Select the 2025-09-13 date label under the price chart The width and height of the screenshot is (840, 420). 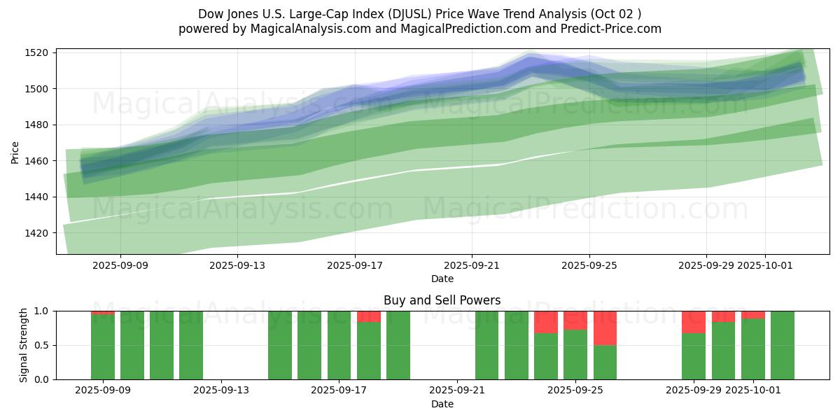tap(237, 265)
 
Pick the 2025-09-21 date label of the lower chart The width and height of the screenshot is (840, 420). tap(456, 390)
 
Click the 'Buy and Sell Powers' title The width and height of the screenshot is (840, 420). tap(442, 300)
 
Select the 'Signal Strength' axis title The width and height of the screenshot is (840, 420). tap(24, 345)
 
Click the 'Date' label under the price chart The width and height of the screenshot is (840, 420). tap(442, 279)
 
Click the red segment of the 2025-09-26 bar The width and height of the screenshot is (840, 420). tap(605, 328)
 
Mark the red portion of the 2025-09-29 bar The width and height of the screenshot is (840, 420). tap(694, 322)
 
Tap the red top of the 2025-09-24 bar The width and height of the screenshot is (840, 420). tap(546, 322)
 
